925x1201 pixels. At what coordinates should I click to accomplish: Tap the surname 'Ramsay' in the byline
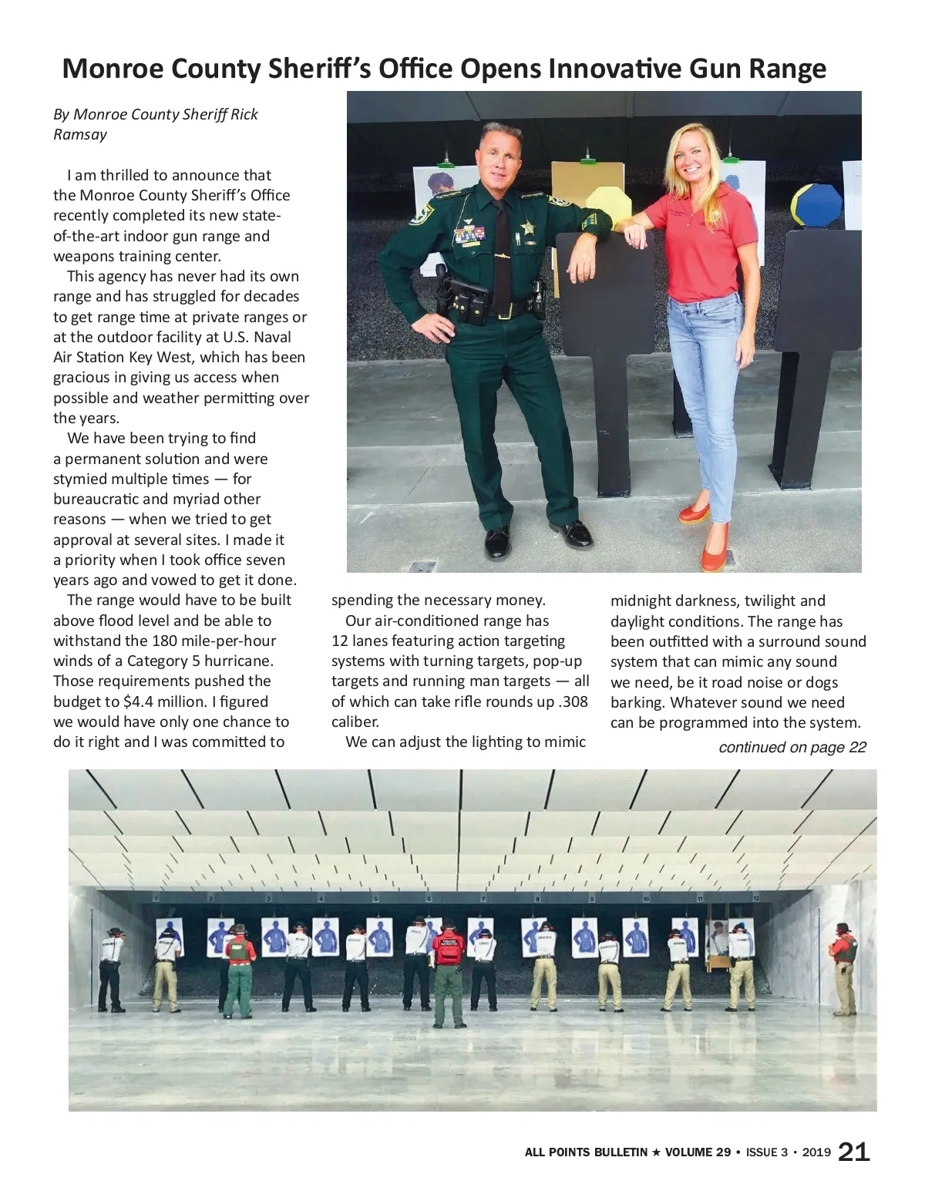pos(80,134)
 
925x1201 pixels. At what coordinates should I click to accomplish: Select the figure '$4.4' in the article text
pos(138,701)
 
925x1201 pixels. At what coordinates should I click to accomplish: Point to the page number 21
pos(853,1152)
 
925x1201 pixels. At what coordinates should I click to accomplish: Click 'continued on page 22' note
pos(792,747)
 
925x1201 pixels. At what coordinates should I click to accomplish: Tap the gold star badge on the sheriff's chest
pos(527,227)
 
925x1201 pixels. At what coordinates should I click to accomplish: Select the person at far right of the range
pos(845,967)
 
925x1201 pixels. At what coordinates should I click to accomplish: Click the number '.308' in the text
pos(573,701)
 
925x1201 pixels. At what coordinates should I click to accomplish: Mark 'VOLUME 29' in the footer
pos(698,1152)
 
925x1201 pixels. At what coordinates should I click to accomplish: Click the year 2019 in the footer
pos(816,1152)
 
